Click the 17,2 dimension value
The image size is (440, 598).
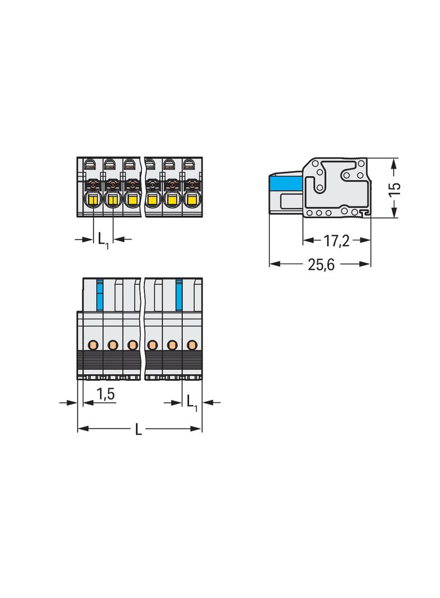[336, 241]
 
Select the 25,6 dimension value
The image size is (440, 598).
[321, 264]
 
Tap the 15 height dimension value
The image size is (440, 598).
[395, 189]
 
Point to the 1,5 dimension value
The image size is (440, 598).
[105, 394]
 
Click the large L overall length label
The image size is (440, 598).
[139, 429]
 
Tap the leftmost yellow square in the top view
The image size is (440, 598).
[93, 199]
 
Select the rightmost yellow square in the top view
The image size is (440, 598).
[192, 199]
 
